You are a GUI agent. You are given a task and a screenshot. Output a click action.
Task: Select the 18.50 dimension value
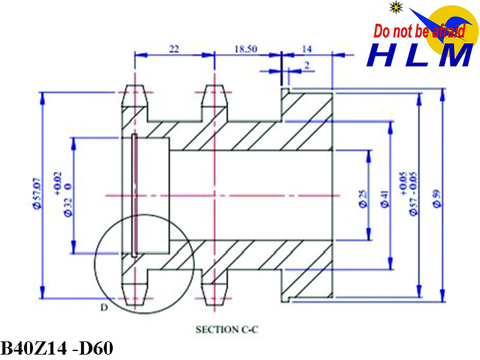point(245,49)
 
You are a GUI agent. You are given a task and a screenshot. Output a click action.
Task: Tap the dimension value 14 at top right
point(308,49)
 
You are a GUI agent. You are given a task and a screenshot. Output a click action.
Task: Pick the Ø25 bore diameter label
point(363,198)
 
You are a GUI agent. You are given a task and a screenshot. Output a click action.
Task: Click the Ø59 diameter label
point(437,198)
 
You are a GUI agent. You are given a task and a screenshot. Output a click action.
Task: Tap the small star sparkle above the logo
point(395,7)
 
